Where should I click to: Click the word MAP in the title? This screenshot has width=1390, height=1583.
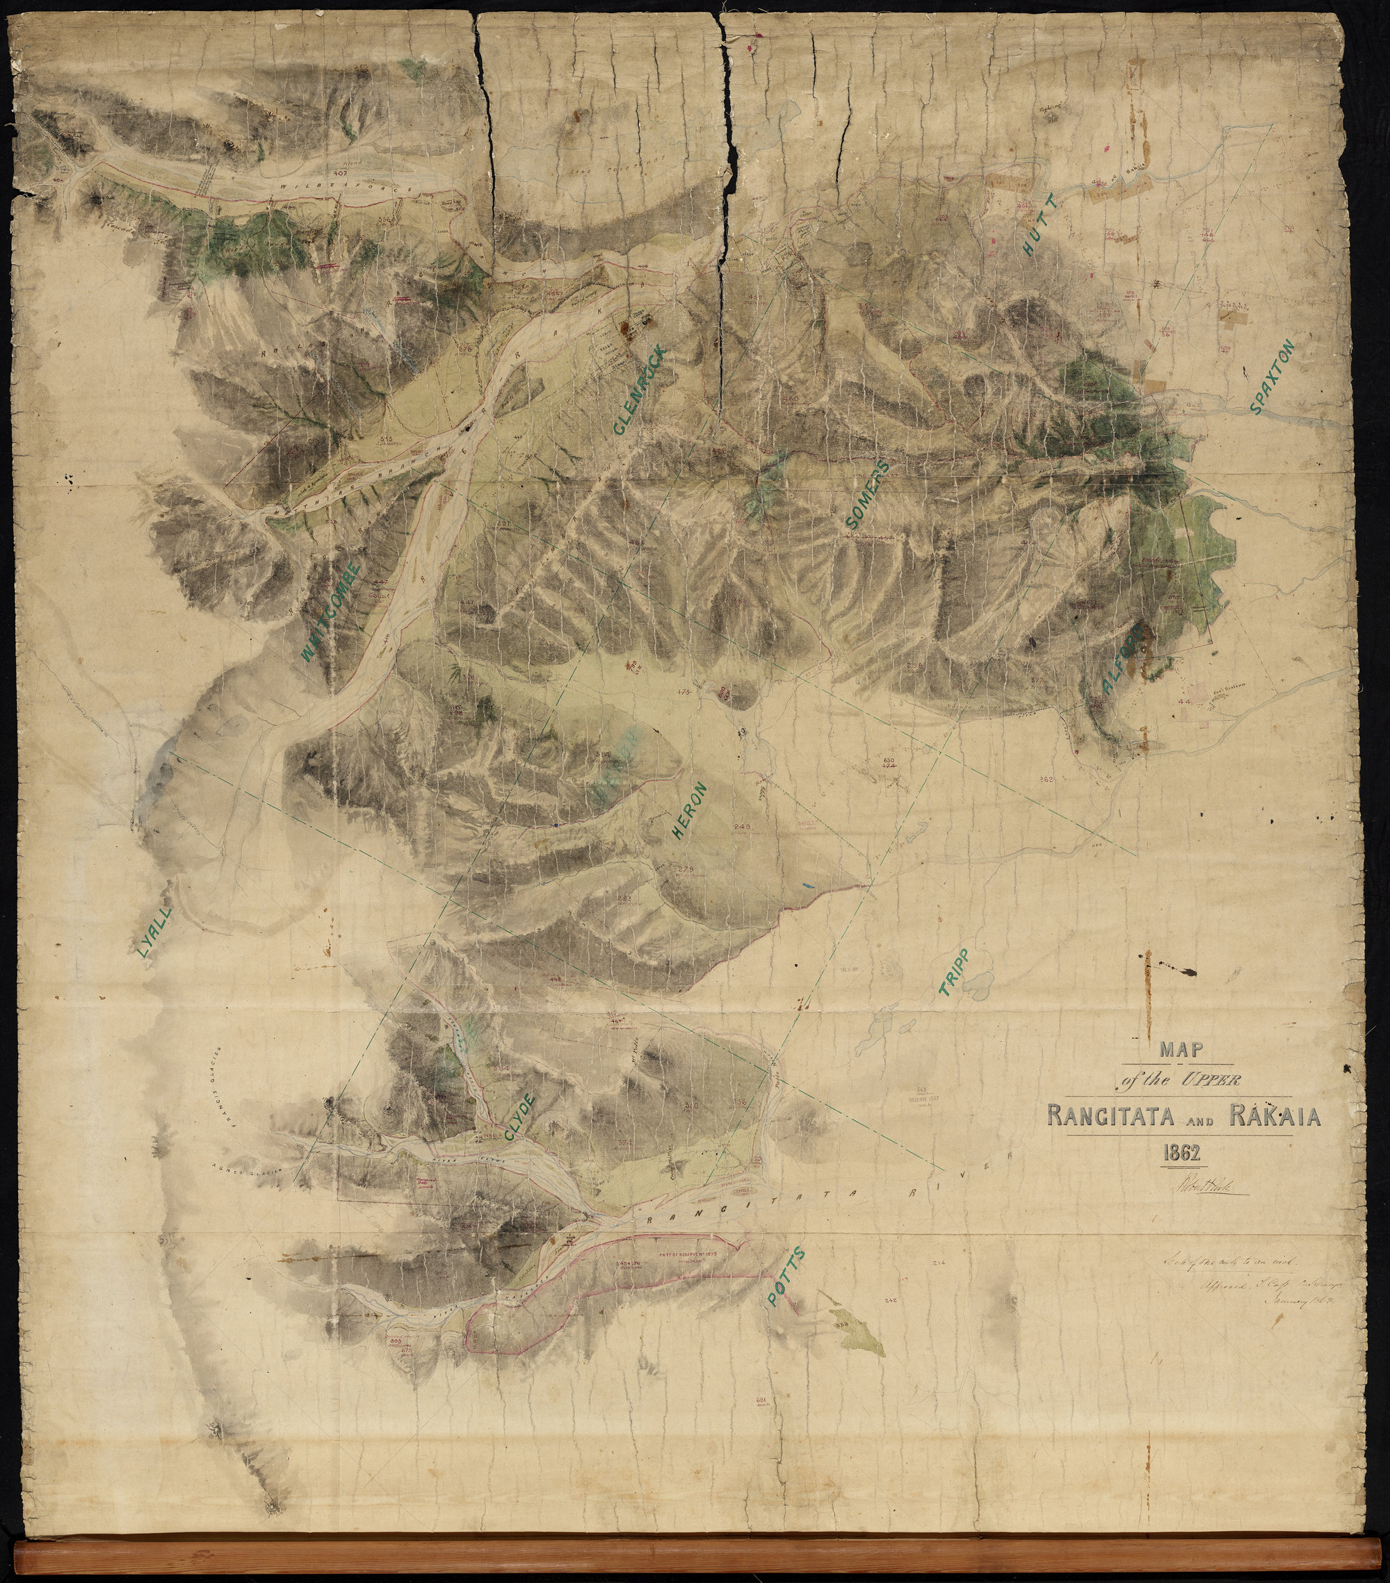(1181, 1050)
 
